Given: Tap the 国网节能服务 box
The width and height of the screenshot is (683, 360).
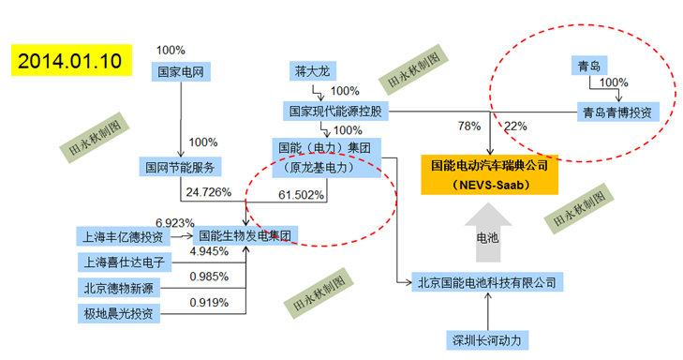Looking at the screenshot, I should pos(180,168).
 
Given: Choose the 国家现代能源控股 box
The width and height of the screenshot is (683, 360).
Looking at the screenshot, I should pos(335,112).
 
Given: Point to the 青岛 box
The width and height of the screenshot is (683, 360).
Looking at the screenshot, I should pos(589,66).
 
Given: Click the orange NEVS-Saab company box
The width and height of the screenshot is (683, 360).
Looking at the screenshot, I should pos(489,174).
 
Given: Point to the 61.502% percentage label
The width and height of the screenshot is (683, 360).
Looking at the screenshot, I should pos(302,195).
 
